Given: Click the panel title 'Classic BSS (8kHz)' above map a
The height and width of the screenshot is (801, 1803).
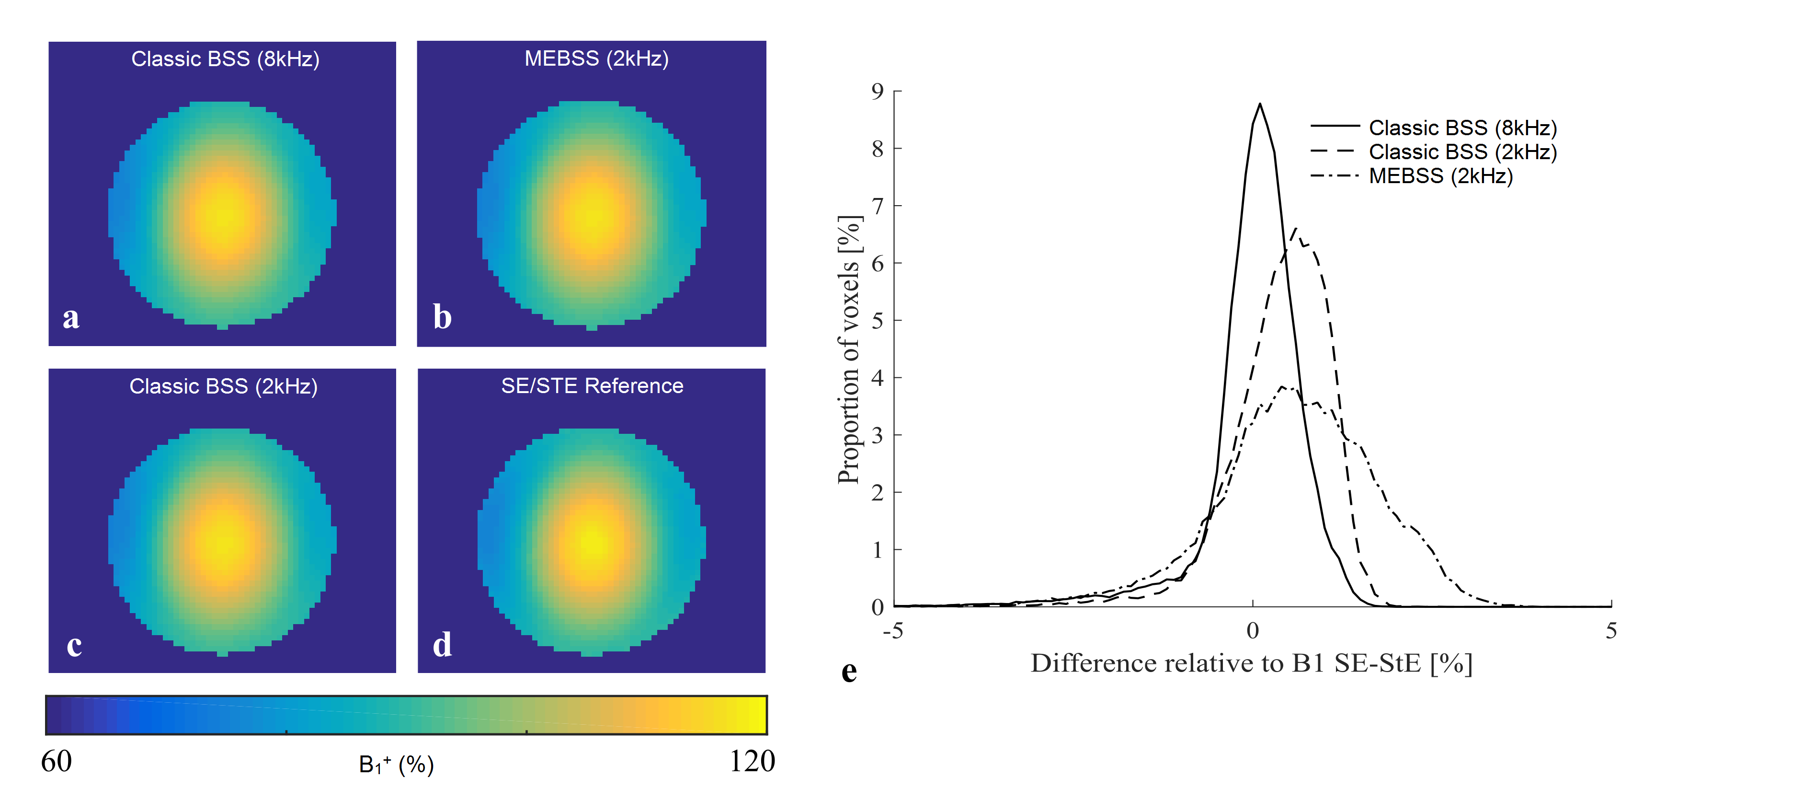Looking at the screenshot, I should (x=225, y=59).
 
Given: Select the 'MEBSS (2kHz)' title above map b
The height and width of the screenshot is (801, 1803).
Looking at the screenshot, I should (x=596, y=58).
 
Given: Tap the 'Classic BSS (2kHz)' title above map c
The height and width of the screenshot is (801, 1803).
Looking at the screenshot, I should (x=223, y=386).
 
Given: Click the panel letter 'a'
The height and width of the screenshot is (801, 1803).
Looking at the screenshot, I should (x=71, y=318).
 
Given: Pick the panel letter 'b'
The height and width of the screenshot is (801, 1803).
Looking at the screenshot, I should (x=442, y=317).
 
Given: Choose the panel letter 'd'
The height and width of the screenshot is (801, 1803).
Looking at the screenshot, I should (x=442, y=645).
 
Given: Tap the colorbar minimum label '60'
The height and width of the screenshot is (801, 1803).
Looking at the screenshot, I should (x=56, y=761).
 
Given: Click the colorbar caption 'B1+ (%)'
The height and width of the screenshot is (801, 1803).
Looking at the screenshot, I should (x=396, y=765).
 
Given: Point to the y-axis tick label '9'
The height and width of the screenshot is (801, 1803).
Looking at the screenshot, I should (x=878, y=91).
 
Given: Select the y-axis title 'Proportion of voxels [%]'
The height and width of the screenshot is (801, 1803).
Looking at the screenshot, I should (x=848, y=350).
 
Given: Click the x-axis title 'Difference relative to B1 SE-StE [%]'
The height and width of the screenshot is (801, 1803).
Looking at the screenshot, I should (x=1252, y=663).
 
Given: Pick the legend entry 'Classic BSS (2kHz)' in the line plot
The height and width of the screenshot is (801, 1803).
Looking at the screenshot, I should (x=1463, y=152).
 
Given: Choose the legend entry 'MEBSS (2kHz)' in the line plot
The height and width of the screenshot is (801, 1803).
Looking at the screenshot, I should (x=1440, y=176).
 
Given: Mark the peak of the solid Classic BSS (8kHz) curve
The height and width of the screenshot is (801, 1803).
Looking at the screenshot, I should (x=1260, y=104).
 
